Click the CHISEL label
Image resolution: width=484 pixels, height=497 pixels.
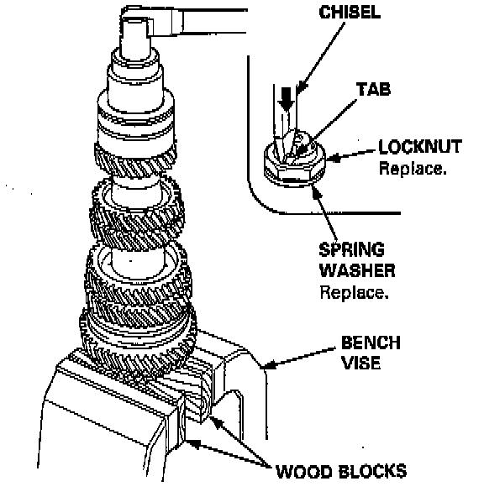point(350,13)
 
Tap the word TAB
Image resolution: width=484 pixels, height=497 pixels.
point(373,89)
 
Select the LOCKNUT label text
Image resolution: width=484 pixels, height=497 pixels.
point(420,146)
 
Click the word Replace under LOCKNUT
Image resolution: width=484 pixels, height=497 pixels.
point(413,168)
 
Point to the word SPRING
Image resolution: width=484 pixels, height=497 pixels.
point(352,249)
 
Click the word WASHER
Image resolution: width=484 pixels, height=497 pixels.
point(357,270)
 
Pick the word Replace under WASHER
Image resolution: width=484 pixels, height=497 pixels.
point(354,292)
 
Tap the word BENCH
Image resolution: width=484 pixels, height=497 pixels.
point(371,343)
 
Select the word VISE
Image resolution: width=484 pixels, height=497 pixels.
point(361,363)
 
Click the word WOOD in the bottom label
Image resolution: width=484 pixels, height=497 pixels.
point(303,471)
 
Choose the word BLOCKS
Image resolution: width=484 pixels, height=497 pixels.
point(372,471)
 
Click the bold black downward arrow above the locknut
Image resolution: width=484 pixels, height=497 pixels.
point(286,99)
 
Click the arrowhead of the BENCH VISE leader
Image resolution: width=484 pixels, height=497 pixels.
point(266,366)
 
